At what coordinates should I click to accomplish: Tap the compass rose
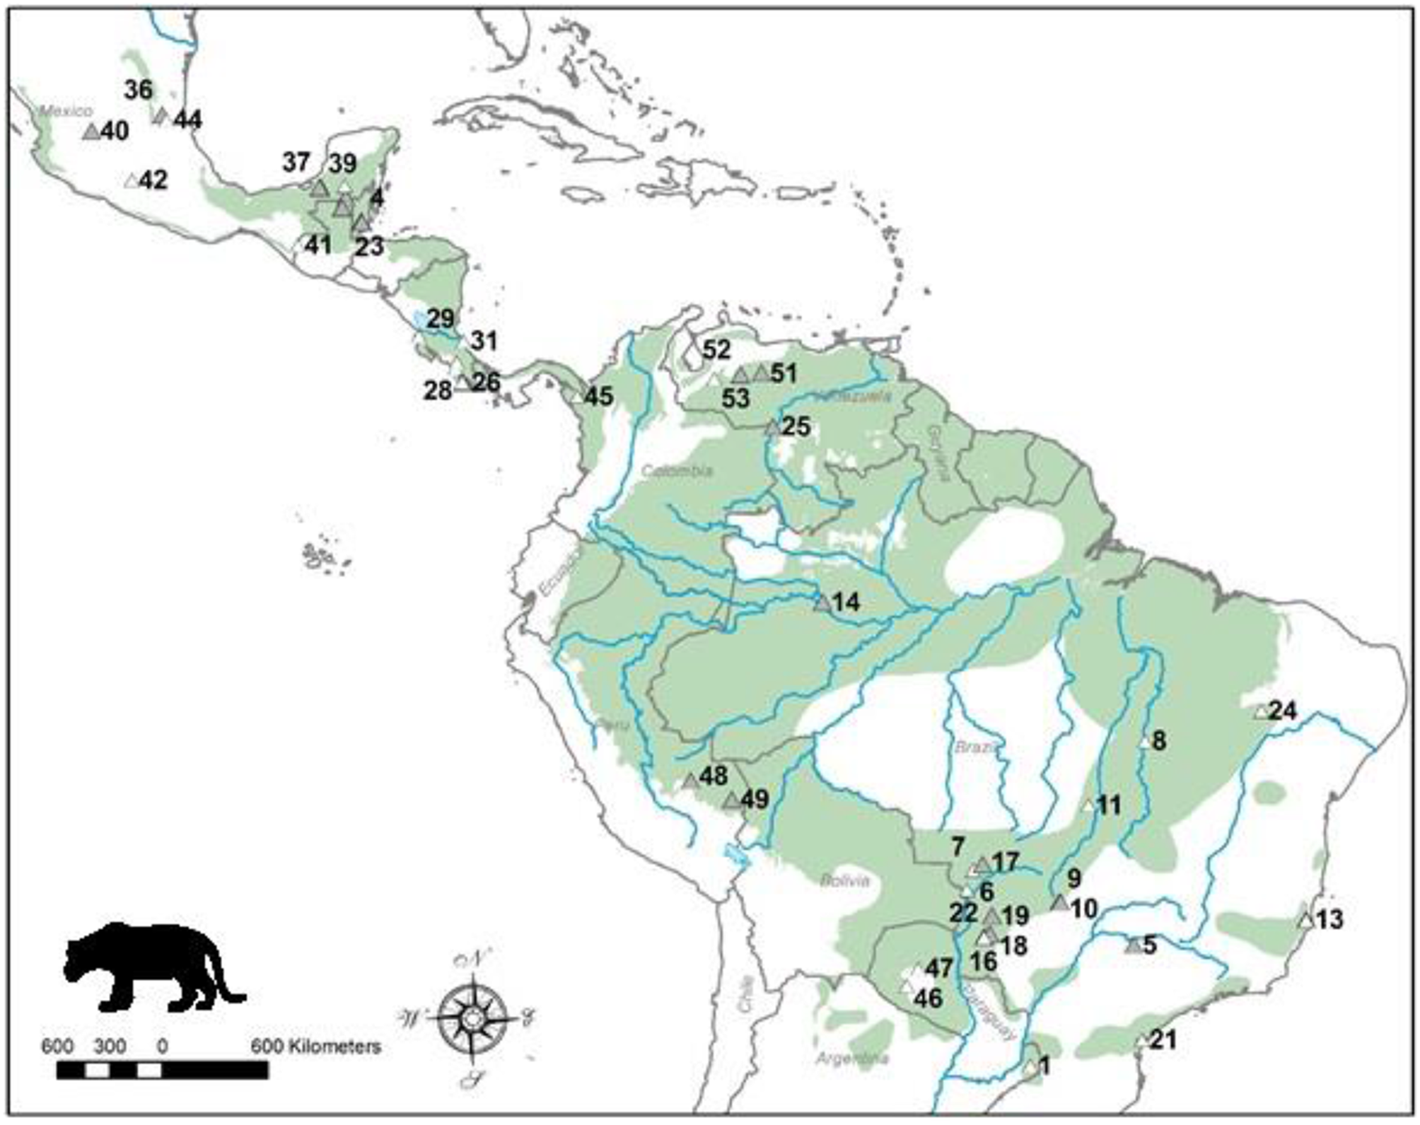[x=472, y=1019]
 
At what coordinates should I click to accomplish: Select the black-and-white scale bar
[x=162, y=1071]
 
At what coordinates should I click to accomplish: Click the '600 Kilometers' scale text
[x=316, y=1046]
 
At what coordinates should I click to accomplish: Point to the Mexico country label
[x=66, y=111]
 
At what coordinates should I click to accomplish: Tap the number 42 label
[x=153, y=180]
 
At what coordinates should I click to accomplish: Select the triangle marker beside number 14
[x=822, y=603]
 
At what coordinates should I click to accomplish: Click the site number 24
[x=1283, y=711]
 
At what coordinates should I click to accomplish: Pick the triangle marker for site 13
[x=1305, y=921]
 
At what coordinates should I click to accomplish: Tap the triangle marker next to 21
[x=1141, y=1041]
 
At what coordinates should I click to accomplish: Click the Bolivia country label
[x=844, y=881]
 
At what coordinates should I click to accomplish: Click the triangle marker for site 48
[x=691, y=781]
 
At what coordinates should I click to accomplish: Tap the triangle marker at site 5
[x=1133, y=945]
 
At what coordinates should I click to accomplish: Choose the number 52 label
[x=716, y=349]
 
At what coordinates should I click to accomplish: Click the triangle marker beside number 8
[x=1145, y=742]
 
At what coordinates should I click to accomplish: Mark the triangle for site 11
[x=1088, y=805]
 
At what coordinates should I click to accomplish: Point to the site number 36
[x=138, y=90]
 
